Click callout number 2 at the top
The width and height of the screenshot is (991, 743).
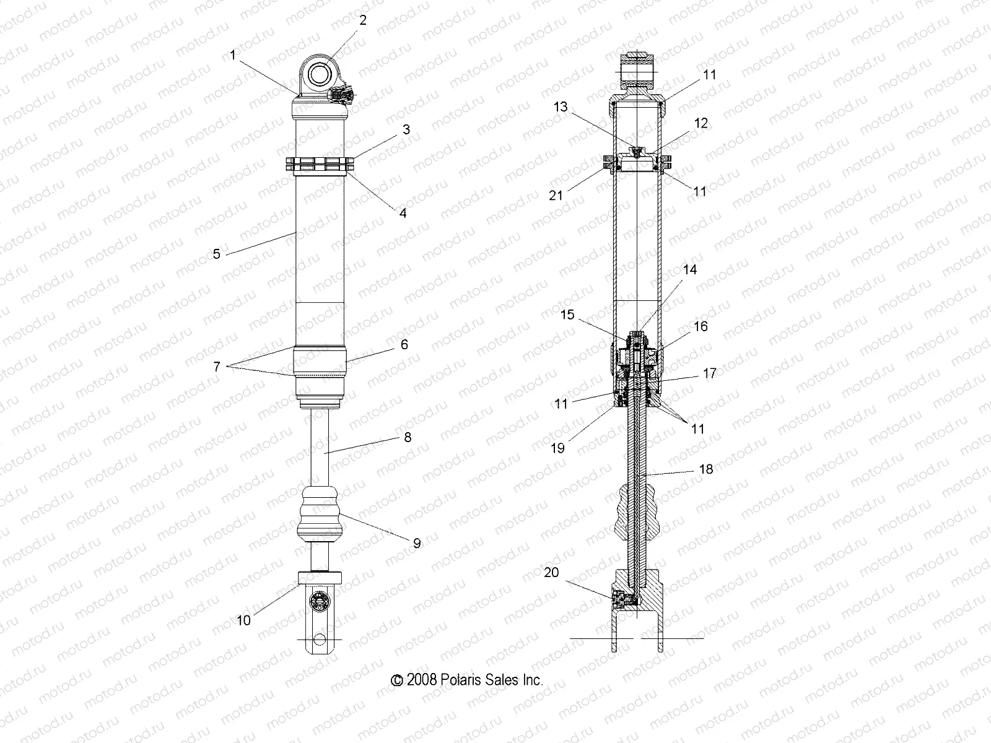pyautogui.click(x=363, y=20)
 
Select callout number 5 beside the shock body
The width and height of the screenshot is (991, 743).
pyautogui.click(x=216, y=253)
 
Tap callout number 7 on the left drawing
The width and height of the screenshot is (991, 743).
pyautogui.click(x=216, y=367)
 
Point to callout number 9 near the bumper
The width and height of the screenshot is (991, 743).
pyautogui.click(x=417, y=543)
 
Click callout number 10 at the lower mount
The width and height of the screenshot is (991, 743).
pyautogui.click(x=244, y=620)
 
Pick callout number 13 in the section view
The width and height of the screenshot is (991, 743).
pyautogui.click(x=560, y=107)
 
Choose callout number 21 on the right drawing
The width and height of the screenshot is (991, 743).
pyautogui.click(x=556, y=195)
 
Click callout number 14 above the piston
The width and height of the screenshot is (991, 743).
pyautogui.click(x=689, y=270)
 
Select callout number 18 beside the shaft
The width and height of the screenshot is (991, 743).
pyautogui.click(x=705, y=469)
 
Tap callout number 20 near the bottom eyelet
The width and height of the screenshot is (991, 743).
pyautogui.click(x=551, y=573)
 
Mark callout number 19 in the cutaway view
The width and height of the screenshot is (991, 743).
pyautogui.click(x=557, y=448)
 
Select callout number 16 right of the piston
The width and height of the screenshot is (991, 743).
pyautogui.click(x=700, y=326)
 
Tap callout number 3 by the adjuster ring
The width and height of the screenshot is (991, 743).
pyautogui.click(x=406, y=129)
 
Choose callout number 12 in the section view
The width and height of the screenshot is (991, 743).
pyautogui.click(x=701, y=123)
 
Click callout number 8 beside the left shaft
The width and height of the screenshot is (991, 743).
pyautogui.click(x=407, y=437)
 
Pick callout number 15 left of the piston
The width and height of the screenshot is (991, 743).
pyautogui.click(x=568, y=315)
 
